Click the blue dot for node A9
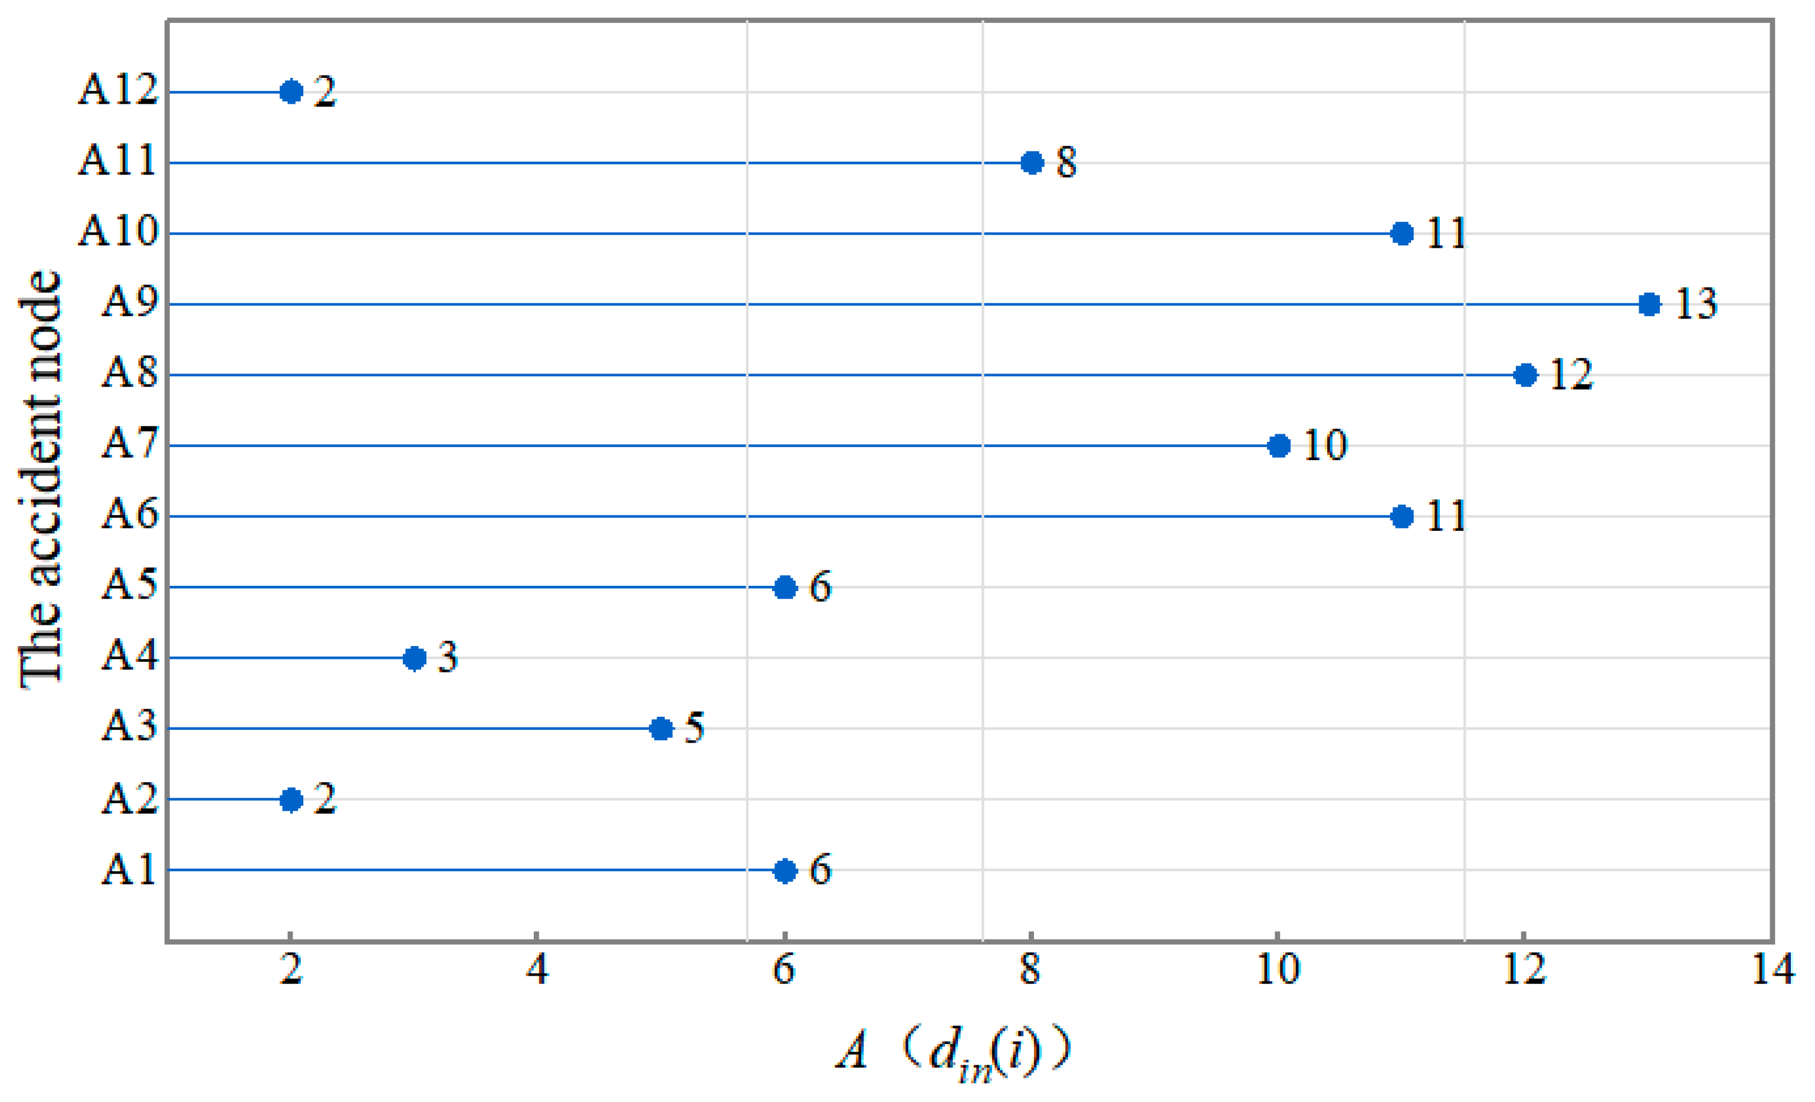1649,304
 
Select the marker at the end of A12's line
292,92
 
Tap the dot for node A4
415,658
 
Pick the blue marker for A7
1279,445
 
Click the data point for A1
785,871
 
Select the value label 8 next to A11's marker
1066,162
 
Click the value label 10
1325,445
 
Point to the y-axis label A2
130,799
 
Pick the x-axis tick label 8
1030,969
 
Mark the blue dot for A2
292,799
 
